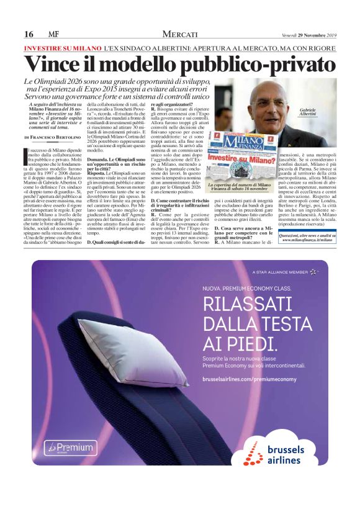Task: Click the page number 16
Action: tap(29, 34)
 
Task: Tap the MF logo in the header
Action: tap(53, 34)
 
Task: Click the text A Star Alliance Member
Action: tap(281, 272)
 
